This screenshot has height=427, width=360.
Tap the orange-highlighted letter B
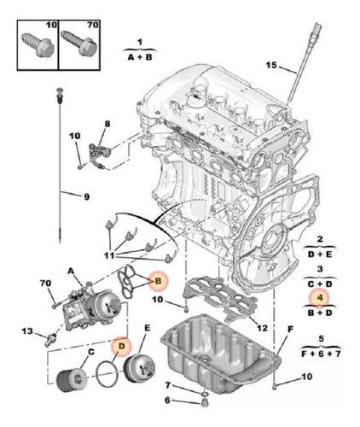pos(158,280)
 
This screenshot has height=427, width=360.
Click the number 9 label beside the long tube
pos(85,197)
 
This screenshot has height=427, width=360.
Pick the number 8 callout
pos(107,125)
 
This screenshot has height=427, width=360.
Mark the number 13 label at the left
pos(27,331)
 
